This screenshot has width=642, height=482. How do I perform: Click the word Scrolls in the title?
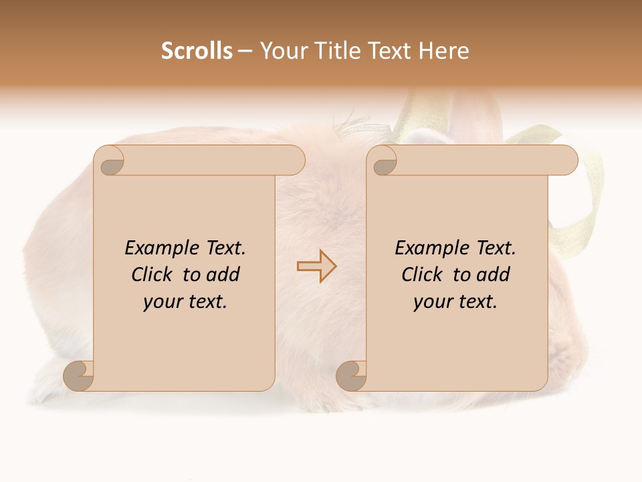[197, 51]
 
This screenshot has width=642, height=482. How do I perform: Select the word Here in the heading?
[444, 51]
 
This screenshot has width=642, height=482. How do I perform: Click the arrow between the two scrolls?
[316, 266]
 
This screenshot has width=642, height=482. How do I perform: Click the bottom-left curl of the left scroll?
[79, 375]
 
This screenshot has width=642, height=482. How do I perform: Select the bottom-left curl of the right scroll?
[351, 375]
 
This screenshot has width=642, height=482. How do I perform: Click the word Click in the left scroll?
[153, 274]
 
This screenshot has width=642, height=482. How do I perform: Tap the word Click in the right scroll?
[423, 274]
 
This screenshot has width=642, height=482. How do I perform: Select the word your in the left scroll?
[160, 302]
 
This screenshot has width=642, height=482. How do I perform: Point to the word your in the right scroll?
[431, 302]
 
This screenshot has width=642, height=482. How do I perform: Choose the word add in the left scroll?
[223, 274]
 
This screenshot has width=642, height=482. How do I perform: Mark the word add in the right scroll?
[493, 274]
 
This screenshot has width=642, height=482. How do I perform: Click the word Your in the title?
[281, 51]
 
